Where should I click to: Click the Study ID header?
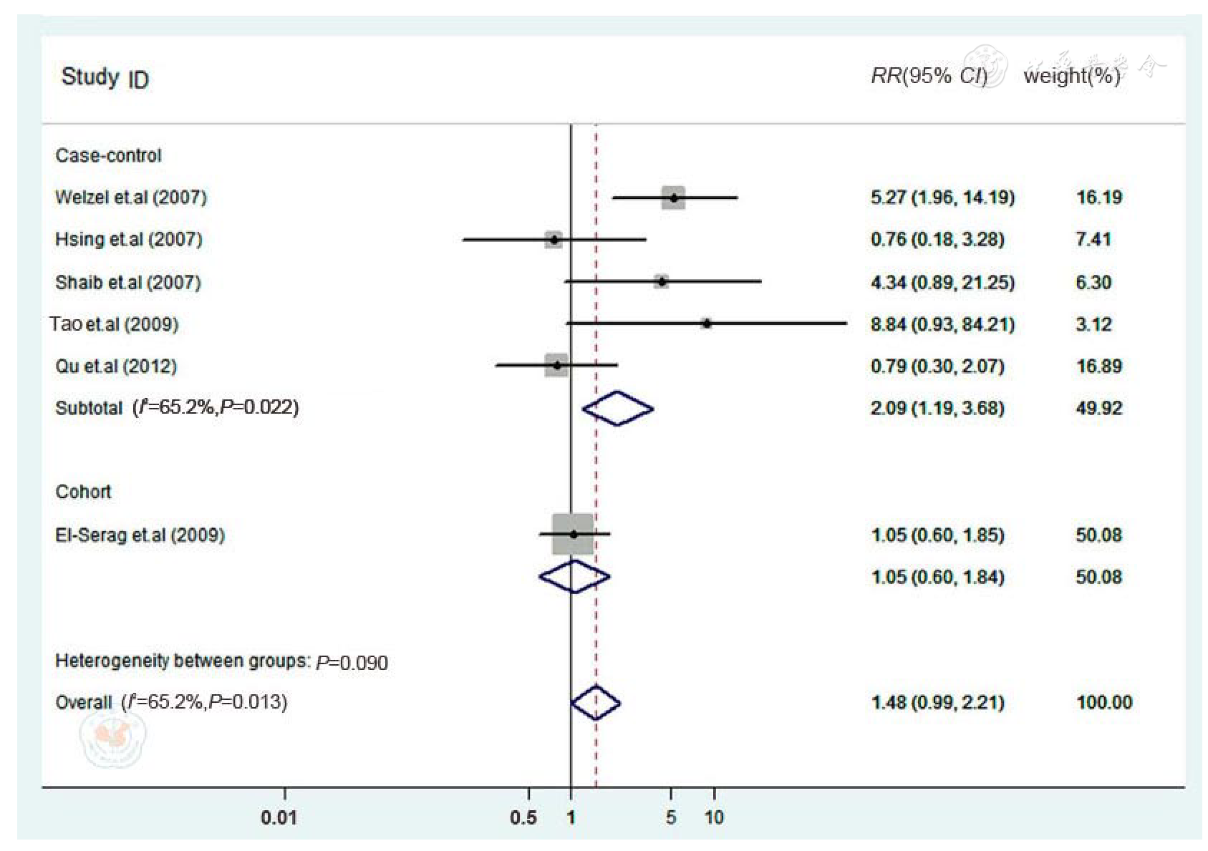point(105,77)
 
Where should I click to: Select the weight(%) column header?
point(1071,76)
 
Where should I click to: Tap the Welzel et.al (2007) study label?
point(130,198)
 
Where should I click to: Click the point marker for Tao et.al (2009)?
point(707,324)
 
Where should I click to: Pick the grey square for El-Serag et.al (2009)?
point(573,534)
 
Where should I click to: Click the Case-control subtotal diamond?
point(617,409)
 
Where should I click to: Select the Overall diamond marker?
point(595,702)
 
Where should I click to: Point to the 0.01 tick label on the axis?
point(279,817)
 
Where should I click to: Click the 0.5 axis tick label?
point(523,817)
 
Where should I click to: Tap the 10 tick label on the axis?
point(713,817)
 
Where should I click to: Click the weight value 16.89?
point(1098,366)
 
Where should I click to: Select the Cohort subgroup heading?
point(83,492)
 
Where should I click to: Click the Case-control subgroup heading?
point(108,155)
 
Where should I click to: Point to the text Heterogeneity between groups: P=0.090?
point(221,661)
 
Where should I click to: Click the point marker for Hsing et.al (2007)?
point(554,239)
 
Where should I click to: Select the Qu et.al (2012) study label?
point(116,366)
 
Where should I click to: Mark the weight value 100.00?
point(1103,702)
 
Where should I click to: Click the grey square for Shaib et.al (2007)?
point(661,281)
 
